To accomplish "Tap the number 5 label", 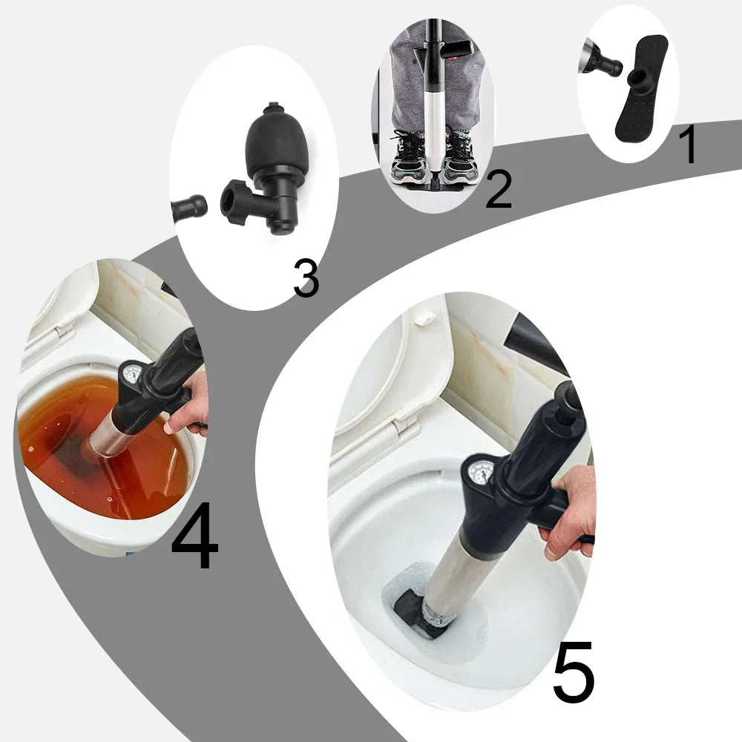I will click(574, 672).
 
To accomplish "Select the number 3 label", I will click(305, 278).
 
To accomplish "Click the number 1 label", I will click(689, 145).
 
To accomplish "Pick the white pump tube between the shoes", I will click(432, 126).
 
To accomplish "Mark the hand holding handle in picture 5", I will click(570, 512).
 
